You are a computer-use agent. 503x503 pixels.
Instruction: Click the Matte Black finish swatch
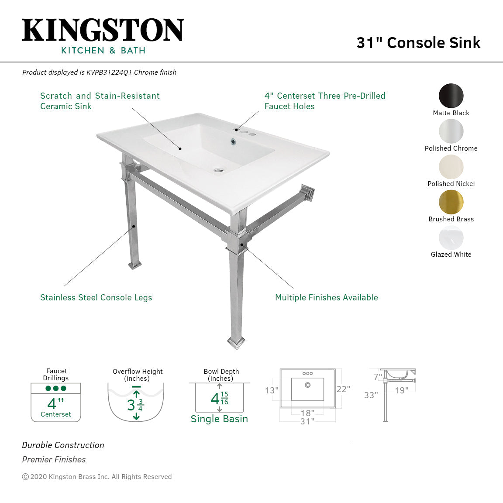point(451,96)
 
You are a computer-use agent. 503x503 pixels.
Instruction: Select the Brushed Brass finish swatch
point(451,202)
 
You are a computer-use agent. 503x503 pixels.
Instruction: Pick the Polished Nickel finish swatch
point(451,167)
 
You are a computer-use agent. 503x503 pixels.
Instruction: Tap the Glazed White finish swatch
point(451,238)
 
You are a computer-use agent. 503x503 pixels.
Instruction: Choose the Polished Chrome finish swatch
point(451,131)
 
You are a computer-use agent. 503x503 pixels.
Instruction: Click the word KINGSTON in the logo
point(103,30)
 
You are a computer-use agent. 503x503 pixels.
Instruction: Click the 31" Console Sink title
point(418,43)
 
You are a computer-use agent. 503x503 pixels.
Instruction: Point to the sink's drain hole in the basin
point(219,170)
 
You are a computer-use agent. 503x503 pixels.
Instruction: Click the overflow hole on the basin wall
point(233,141)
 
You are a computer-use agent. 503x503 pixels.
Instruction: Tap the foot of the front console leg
point(236,343)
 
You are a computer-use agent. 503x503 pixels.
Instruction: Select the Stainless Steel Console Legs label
point(96,297)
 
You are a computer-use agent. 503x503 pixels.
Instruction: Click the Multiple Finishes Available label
point(327,297)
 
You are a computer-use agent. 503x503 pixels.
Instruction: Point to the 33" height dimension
point(371,395)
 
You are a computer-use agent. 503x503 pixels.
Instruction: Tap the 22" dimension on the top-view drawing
point(343,389)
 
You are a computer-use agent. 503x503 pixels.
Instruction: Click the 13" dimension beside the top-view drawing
point(272,390)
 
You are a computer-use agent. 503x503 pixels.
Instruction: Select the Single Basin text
point(219,419)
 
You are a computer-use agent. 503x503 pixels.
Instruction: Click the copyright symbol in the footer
point(25,477)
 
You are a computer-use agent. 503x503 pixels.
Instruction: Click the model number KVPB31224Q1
point(109,72)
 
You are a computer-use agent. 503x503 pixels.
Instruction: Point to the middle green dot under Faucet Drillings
point(56,388)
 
